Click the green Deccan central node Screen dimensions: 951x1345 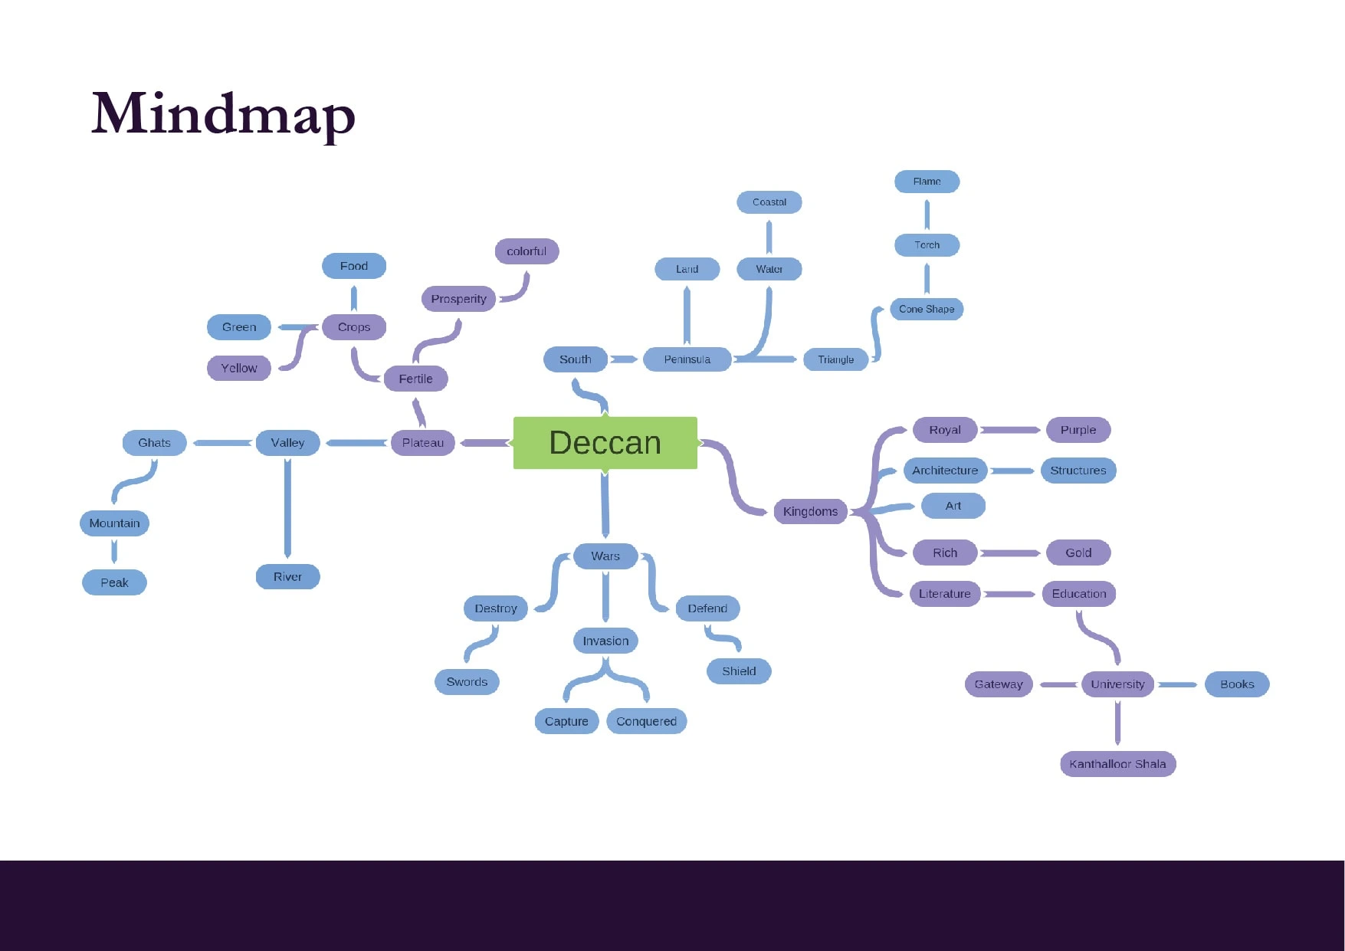[x=605, y=443]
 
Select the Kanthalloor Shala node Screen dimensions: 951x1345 [x=1117, y=764]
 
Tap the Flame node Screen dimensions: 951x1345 [x=927, y=182]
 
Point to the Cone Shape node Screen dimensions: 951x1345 [x=927, y=309]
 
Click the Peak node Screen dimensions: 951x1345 [x=114, y=582]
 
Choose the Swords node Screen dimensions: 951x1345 [x=467, y=682]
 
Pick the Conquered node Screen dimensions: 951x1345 [x=646, y=721]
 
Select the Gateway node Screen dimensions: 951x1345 [x=998, y=684]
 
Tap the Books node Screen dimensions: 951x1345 [x=1237, y=684]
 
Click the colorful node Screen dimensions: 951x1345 [x=527, y=251]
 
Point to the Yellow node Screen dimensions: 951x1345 [x=239, y=368]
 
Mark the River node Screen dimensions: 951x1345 [x=287, y=577]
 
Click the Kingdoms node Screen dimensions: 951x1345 [x=810, y=511]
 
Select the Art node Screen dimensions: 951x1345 [x=953, y=506]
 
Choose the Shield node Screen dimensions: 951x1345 [x=739, y=671]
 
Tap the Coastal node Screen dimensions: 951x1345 [x=769, y=202]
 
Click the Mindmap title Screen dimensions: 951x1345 [x=223, y=114]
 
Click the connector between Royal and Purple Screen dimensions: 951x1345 [x=1010, y=430]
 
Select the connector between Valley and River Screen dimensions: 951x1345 [x=287, y=507]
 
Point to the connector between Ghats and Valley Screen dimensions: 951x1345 [x=222, y=443]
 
